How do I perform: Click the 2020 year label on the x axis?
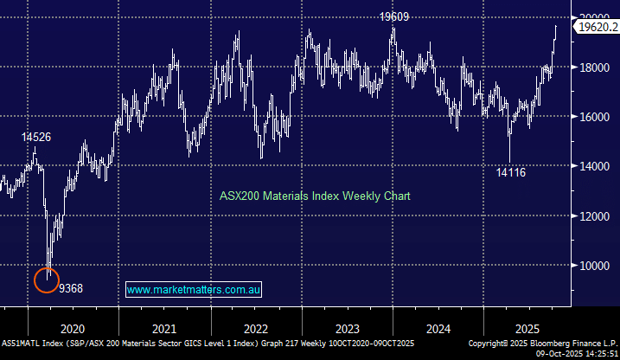tap(73, 329)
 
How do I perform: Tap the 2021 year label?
tap(164, 329)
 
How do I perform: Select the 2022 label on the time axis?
tap(256, 329)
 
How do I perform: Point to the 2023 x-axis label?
tap(347, 329)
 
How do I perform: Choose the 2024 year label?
tap(438, 329)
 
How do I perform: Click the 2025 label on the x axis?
tap(529, 329)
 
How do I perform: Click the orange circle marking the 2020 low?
tap(47, 280)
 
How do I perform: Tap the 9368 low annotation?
tap(72, 288)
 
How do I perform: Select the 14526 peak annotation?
tap(35, 137)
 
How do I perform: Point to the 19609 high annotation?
tap(393, 16)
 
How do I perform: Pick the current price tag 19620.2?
tap(597, 28)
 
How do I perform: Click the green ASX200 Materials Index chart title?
tap(313, 196)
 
